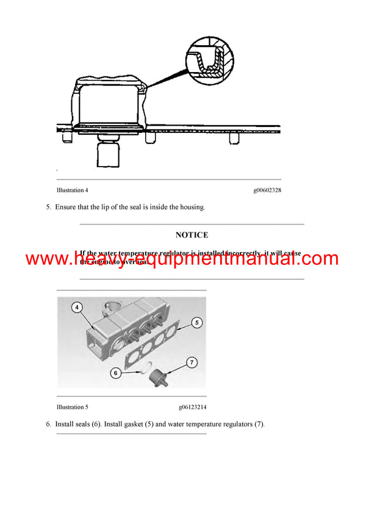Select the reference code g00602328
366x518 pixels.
coord(267,190)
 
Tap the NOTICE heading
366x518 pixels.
coord(192,235)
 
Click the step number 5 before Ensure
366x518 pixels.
coord(48,207)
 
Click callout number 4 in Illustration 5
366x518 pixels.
coord(77,308)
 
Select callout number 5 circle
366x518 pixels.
coord(196,322)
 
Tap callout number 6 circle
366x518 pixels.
coord(115,372)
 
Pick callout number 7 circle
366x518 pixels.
coord(192,362)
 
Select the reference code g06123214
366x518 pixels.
coord(192,407)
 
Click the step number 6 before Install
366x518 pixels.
coord(48,424)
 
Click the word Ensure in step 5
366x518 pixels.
coord(66,207)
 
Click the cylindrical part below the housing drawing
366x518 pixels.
coord(111,155)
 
